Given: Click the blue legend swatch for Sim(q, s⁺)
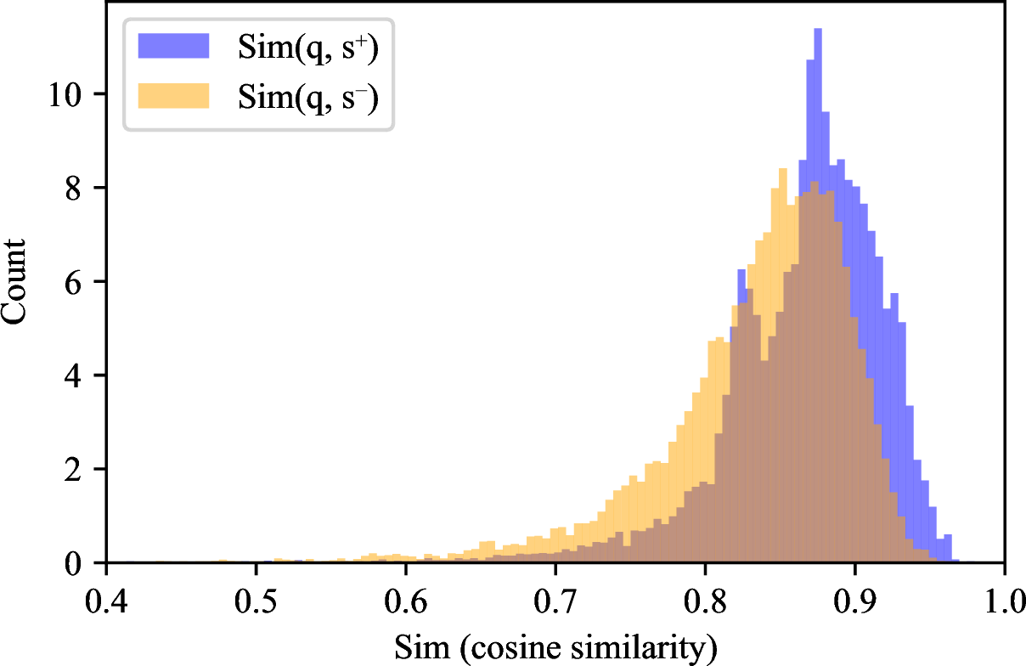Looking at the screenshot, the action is coord(173,46).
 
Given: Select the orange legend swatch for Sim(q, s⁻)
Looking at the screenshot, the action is coord(173,96).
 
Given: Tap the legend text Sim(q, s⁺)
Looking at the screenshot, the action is coord(308,48).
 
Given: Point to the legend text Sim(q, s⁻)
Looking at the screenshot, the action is coord(308,97).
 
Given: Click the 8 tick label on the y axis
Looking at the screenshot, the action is coord(73,189).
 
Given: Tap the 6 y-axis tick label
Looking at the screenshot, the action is coord(73,282).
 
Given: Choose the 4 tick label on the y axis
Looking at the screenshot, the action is coord(73,376).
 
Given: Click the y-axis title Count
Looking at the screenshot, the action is coord(13,282).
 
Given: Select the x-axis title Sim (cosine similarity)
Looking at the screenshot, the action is coord(555,648).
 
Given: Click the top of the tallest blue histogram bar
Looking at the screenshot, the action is coord(818,29).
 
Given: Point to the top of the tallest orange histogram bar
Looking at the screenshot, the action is coord(783,169).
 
